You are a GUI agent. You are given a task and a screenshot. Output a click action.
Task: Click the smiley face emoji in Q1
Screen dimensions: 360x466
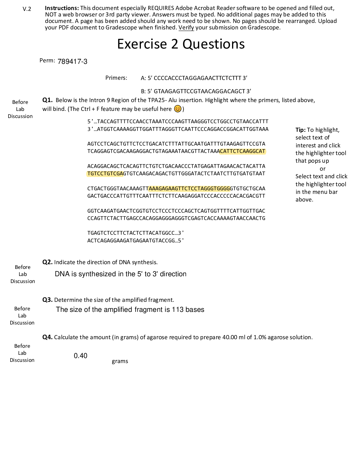pyautogui.click(x=178, y=109)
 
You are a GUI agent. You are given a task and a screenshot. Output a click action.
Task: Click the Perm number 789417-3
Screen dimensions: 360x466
pyautogui.click(x=72, y=61)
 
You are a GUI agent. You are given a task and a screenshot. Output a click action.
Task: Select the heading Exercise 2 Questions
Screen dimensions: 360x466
pyautogui.click(x=181, y=44)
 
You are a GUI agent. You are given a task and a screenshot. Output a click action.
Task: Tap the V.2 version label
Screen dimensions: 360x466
pyautogui.click(x=27, y=9)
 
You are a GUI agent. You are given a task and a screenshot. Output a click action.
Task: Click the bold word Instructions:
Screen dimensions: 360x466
pyautogui.click(x=62, y=8)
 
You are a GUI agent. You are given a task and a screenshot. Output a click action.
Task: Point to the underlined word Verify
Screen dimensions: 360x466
pyautogui.click(x=186, y=27)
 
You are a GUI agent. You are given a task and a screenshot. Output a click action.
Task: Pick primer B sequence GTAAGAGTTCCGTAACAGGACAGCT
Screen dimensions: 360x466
pyautogui.click(x=199, y=91)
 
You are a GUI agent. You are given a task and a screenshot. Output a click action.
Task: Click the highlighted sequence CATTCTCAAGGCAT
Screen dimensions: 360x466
pyautogui.click(x=243, y=151)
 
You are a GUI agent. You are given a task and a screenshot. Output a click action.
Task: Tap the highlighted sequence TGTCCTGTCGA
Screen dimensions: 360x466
pyautogui.click(x=105, y=174)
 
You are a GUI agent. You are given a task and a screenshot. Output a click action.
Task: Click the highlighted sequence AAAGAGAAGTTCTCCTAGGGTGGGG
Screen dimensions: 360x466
pyautogui.click(x=189, y=189)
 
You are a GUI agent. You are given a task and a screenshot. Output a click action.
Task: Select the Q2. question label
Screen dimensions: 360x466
pyautogui.click(x=47, y=262)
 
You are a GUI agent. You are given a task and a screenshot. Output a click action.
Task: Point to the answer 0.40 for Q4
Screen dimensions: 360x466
pyautogui.click(x=80, y=356)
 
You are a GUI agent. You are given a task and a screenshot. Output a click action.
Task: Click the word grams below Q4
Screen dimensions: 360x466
pyautogui.click(x=120, y=361)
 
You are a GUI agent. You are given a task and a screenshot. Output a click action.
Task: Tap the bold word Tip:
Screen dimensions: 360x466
pyautogui.click(x=300, y=130)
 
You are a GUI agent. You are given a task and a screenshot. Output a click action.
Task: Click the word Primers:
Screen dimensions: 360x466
pyautogui.click(x=116, y=78)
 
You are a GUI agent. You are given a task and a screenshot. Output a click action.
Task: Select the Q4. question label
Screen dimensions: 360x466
pyautogui.click(x=47, y=337)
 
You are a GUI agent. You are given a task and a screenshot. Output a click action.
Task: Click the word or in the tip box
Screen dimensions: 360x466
pyautogui.click(x=322, y=169)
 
